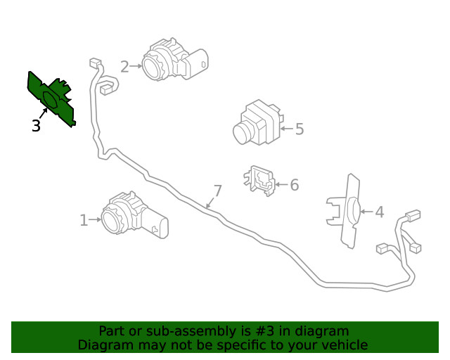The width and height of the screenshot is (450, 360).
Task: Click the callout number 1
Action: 84,221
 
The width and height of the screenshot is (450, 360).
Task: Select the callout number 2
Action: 124,67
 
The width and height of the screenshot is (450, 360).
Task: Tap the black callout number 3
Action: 36,127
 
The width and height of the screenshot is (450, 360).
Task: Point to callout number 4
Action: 380,212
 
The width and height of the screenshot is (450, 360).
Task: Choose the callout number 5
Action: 300,129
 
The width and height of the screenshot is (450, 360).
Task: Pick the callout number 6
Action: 294,185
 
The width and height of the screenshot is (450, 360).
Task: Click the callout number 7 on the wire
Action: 217,191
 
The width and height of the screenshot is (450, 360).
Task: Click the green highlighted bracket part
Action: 51,98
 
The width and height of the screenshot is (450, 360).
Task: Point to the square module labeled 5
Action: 257,122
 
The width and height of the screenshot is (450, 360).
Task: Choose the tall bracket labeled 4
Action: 349,210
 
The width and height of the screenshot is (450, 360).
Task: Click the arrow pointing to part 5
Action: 286,129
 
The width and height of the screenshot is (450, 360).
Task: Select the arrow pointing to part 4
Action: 366,211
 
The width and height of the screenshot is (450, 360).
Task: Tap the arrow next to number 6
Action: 281,185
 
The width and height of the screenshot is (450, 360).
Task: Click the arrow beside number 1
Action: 96,221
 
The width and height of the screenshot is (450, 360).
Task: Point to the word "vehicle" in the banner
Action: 344,345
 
